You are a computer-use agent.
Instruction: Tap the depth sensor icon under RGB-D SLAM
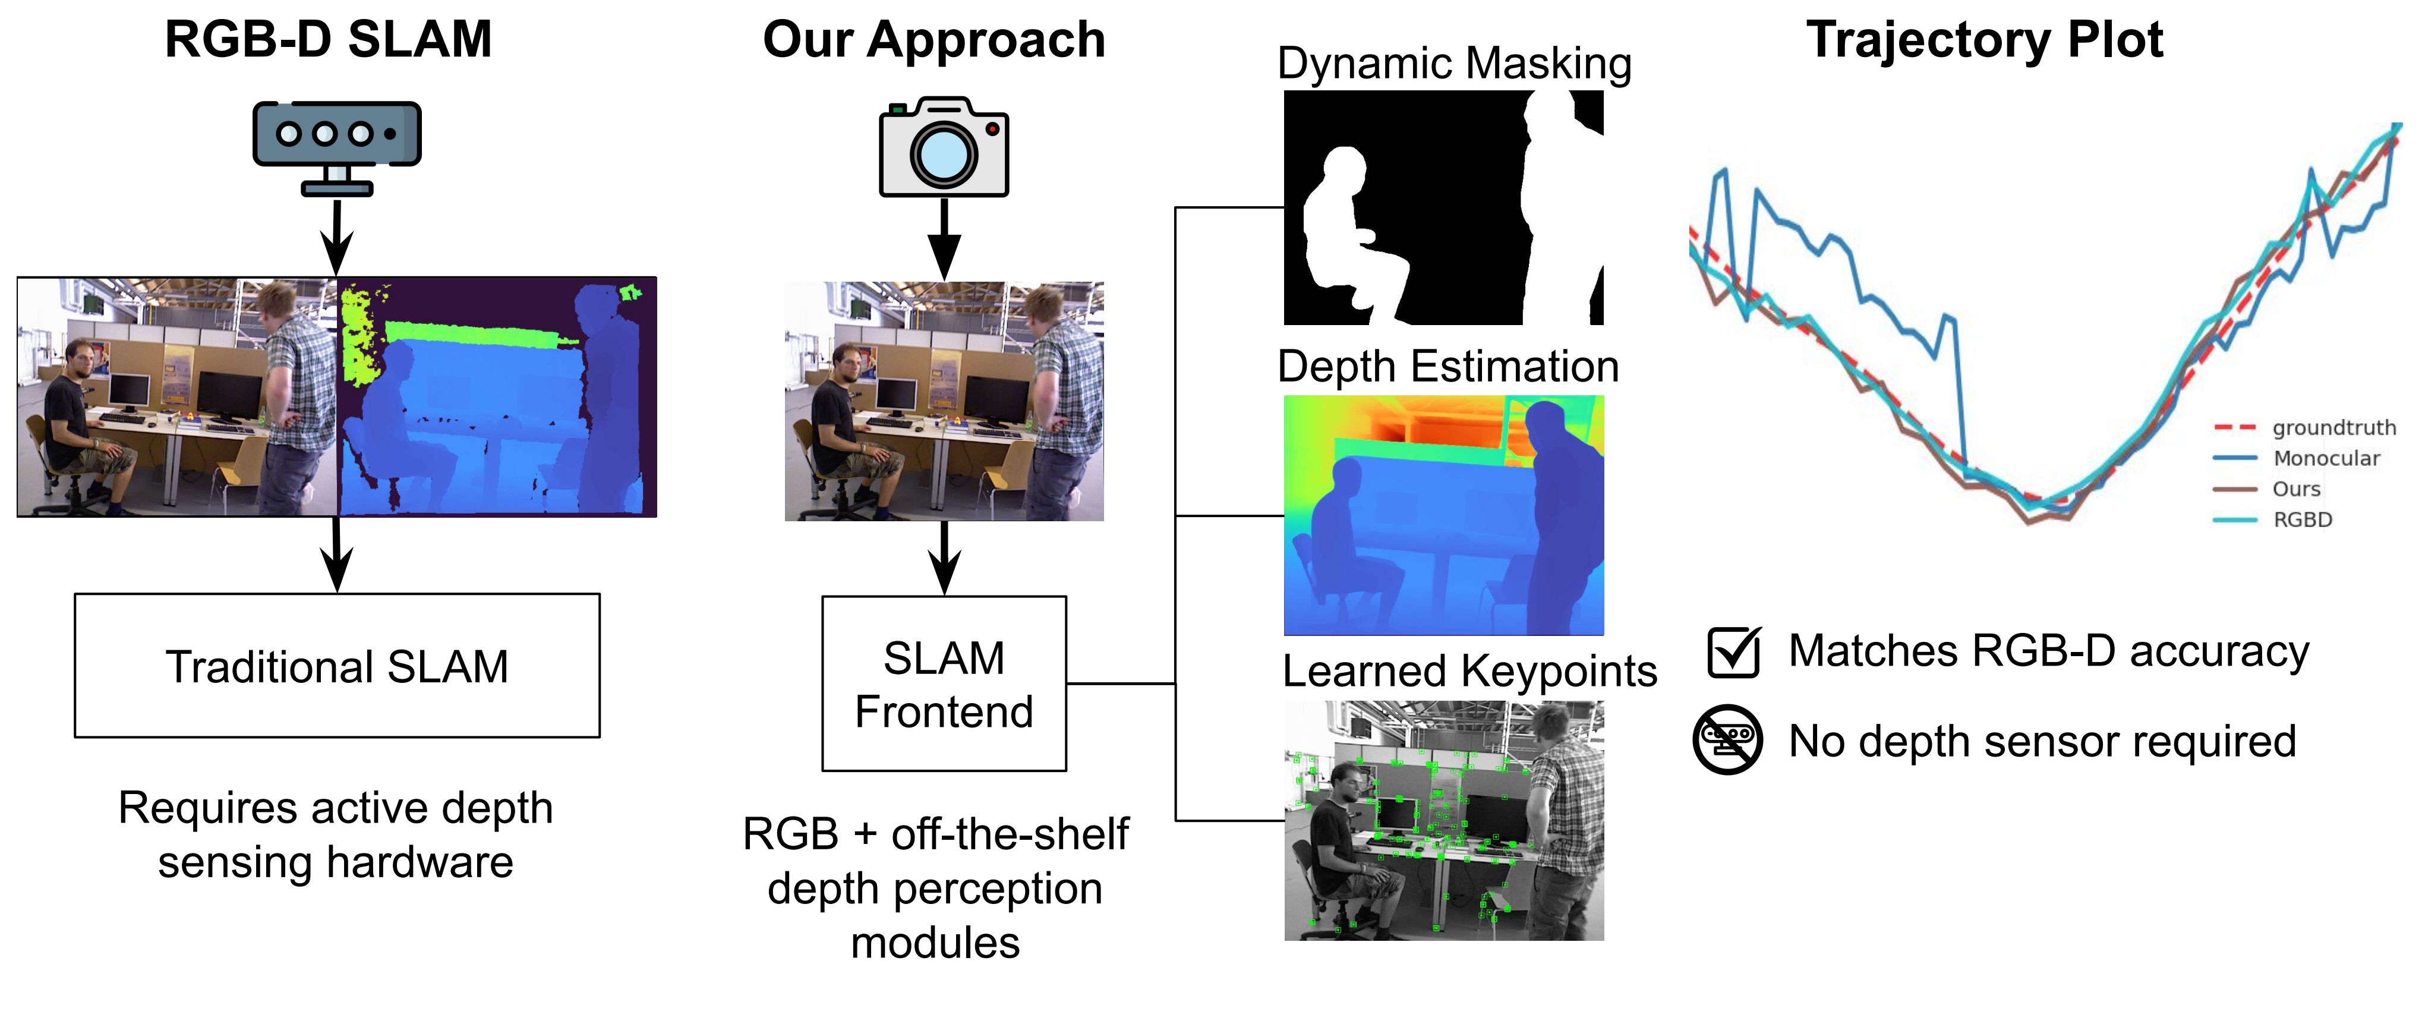(336, 146)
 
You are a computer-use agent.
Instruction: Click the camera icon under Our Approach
(944, 147)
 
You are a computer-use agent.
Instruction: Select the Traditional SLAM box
(336, 666)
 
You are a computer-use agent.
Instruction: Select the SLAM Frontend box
(944, 683)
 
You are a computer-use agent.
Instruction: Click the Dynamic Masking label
(1453, 64)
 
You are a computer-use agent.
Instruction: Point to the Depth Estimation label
(1448, 367)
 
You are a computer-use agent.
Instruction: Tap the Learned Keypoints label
(1469, 672)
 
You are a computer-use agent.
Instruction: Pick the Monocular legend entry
(2326, 459)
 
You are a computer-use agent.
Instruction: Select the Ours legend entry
(2296, 489)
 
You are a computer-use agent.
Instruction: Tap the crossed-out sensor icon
(1727, 740)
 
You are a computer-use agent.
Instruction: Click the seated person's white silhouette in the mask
(1340, 235)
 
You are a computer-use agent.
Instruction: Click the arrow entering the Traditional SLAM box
(336, 555)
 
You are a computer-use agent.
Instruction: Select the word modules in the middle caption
(935, 943)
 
